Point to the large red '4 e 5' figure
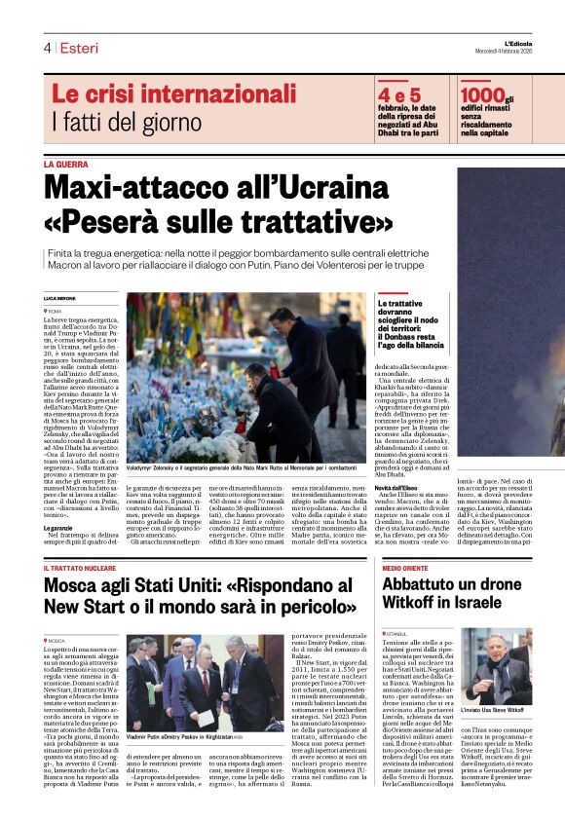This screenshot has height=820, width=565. click(x=399, y=94)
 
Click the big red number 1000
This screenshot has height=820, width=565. click(x=484, y=94)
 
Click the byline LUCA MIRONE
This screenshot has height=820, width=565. click(x=59, y=296)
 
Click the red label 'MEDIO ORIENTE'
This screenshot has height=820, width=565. click(x=406, y=567)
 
